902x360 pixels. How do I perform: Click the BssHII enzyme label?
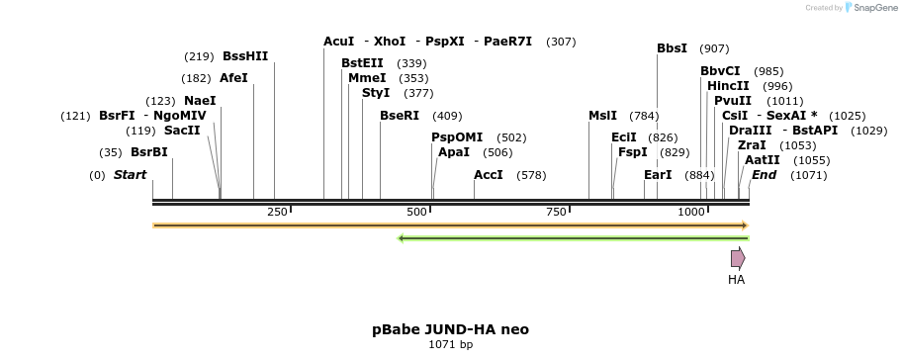[x=245, y=56]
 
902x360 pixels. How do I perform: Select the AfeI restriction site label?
[x=233, y=78]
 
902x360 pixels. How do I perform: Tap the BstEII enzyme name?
[x=362, y=63]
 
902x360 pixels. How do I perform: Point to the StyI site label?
[x=376, y=93]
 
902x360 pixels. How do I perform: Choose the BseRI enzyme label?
[x=400, y=116]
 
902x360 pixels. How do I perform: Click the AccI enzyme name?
[x=489, y=175]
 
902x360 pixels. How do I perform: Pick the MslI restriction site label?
[x=602, y=116]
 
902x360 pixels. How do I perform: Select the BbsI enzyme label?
[x=672, y=48]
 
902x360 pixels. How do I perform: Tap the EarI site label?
[x=658, y=175]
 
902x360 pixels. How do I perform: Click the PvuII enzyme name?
[x=733, y=101]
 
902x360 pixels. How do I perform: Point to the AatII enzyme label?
[x=762, y=160]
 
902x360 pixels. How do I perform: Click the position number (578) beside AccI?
[x=531, y=175]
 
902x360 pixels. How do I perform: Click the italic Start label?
[x=130, y=175]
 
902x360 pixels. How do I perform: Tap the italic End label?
[x=764, y=175]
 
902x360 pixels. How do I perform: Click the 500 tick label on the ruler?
[x=416, y=213]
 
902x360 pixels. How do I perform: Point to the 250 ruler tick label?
[x=277, y=213]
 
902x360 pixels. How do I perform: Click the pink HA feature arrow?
[x=738, y=258]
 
